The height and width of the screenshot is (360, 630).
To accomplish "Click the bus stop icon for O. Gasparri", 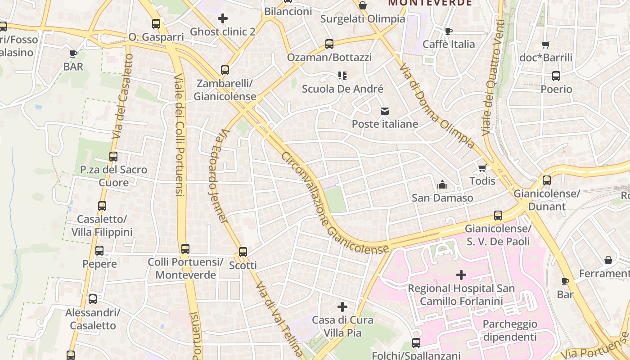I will click(x=156, y=24).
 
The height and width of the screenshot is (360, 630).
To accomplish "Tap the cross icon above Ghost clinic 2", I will click(x=222, y=18).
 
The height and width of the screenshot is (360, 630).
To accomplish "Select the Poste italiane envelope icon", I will click(x=385, y=111).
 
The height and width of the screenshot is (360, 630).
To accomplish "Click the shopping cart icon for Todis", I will click(x=482, y=168).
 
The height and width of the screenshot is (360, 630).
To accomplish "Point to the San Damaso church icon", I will click(x=442, y=184).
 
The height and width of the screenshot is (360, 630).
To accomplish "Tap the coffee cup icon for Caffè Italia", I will click(x=448, y=31).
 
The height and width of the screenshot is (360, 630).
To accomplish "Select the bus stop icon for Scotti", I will click(x=243, y=252).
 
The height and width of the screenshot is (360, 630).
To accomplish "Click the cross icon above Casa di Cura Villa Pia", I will click(x=342, y=307).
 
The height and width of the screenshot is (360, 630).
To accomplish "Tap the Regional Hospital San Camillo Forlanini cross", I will click(x=461, y=274).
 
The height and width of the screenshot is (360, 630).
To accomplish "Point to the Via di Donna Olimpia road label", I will click(x=437, y=106).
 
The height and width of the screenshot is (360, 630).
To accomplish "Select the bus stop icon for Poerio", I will click(x=556, y=76).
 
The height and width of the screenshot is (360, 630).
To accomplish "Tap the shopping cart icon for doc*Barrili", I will click(x=545, y=45).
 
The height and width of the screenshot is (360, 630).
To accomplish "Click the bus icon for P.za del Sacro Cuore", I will click(x=113, y=157).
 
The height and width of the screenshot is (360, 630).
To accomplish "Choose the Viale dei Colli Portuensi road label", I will click(x=179, y=135).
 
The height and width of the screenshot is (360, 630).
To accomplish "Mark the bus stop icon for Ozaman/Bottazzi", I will click(x=329, y=44).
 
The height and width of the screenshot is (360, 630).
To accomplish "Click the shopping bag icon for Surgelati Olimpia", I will click(x=363, y=6).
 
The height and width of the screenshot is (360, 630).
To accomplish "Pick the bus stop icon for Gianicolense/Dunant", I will click(x=547, y=180).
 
